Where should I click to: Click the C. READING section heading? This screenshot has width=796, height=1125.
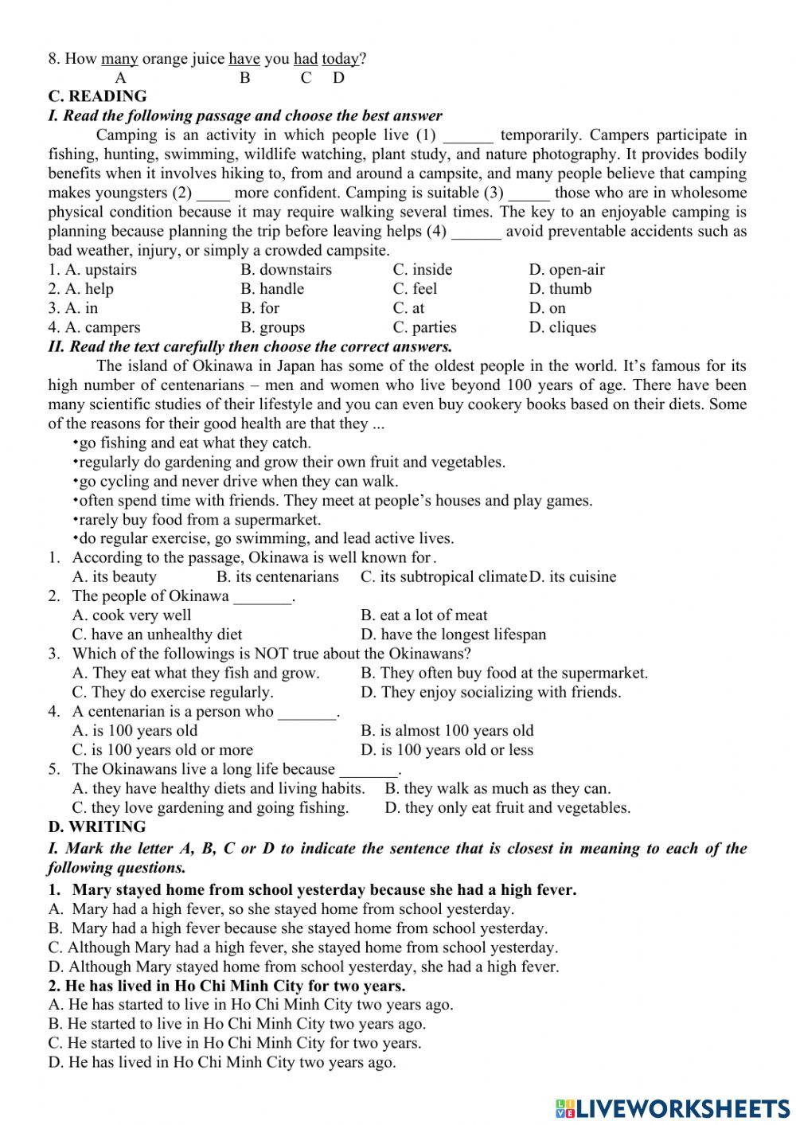tap(97, 96)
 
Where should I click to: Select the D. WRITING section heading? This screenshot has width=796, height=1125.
tap(96, 826)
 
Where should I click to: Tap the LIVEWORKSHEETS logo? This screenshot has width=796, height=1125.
tap(672, 1107)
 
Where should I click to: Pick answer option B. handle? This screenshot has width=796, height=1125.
tap(272, 289)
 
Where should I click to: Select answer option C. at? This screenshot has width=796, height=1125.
tap(408, 308)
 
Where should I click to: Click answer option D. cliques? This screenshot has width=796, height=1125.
tap(562, 327)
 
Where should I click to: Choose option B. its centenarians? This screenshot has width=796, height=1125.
tap(277, 576)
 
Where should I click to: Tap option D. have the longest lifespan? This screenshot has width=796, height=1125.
tap(453, 635)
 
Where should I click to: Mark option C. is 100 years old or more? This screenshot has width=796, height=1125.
tap(162, 750)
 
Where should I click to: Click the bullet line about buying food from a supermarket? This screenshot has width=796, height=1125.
tap(197, 520)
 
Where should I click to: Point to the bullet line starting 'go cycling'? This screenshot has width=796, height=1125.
tap(236, 482)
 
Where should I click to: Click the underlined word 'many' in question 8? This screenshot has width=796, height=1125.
tap(119, 58)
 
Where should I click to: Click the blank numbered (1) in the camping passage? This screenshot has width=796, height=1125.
tap(468, 135)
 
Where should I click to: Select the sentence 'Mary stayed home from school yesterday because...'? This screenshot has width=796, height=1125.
tap(324, 889)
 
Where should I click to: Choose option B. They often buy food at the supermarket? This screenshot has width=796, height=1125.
tap(504, 673)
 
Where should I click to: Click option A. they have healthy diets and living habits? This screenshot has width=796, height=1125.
tap(218, 788)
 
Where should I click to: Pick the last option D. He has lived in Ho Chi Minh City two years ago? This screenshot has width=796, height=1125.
tap(222, 1062)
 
